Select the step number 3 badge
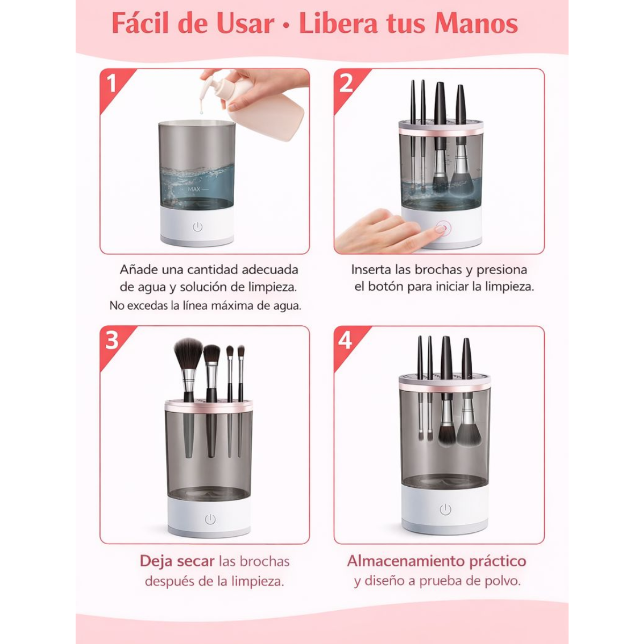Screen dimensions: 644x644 pos(112,340)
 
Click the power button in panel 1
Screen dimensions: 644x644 pos(197,227)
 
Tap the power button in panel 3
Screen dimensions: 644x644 pos(210,519)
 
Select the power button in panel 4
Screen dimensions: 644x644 pos(445,509)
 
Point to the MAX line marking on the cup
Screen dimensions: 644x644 pos(197,189)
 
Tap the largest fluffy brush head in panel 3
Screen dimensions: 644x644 pos(188,352)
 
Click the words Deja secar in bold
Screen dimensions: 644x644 pos(177,561)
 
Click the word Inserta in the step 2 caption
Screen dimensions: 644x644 pos(371,269)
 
